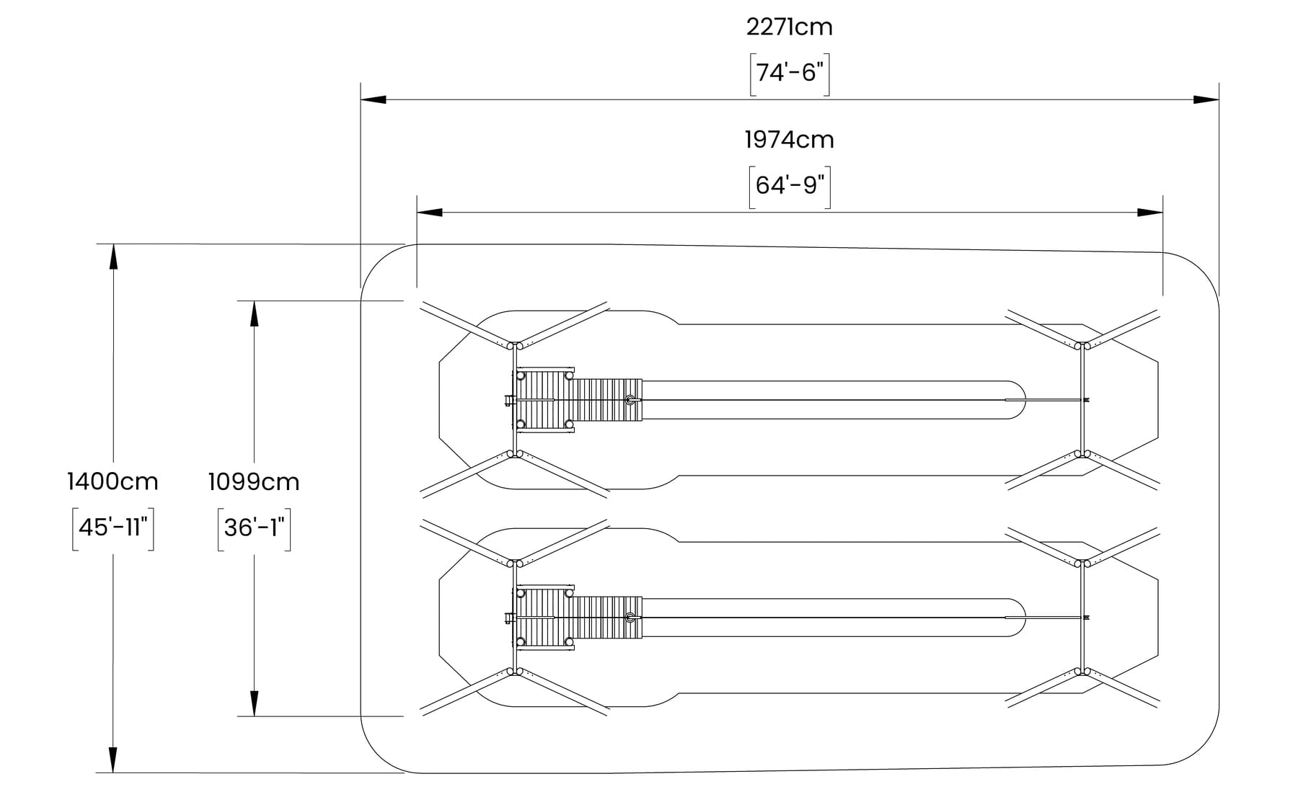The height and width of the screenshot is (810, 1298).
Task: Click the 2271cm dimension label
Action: coord(789,27)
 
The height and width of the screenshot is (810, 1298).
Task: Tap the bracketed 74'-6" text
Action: coord(790,74)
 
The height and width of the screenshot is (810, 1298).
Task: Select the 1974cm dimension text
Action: coord(789,140)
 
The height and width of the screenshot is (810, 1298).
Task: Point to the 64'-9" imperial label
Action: coord(790,186)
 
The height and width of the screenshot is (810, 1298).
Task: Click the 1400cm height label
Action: coord(112,481)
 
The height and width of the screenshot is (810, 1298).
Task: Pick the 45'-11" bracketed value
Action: coord(113,528)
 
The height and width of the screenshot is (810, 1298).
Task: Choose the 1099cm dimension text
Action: coord(254,481)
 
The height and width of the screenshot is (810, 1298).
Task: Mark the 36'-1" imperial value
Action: coord(254,528)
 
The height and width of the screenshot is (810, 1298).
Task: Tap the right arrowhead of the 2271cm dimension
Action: coord(1206,99)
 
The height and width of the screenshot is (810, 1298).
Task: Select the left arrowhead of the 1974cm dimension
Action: coord(429,213)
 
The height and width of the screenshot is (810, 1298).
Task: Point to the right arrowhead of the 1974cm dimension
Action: coord(1150,213)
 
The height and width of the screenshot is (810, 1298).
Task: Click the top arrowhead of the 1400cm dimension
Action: coord(113,257)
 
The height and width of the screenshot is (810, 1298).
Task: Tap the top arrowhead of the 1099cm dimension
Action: coord(254,313)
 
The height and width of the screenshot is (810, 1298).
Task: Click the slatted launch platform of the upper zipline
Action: coord(577,400)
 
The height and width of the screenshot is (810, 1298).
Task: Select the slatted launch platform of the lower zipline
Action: coord(577,618)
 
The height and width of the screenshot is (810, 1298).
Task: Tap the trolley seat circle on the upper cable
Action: coord(631,400)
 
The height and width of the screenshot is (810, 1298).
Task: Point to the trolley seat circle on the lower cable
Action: coord(631,618)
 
